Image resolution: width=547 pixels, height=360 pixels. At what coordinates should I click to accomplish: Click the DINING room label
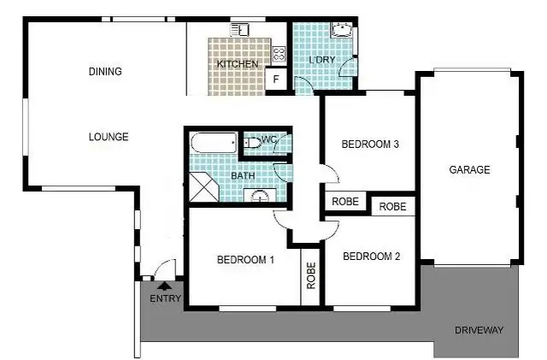click(105, 72)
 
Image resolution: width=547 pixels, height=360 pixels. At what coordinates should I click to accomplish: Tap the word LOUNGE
click(109, 137)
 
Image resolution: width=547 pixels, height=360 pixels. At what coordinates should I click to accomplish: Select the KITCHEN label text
click(236, 65)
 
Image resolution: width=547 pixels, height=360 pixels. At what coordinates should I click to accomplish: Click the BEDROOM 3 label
click(370, 145)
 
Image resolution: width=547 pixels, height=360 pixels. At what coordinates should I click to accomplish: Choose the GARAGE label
click(469, 170)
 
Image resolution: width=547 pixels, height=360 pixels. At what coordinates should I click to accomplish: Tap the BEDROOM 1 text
click(245, 260)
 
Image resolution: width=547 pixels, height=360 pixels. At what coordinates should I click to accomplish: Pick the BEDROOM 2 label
click(372, 256)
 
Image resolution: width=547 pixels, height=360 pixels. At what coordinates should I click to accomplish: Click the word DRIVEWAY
click(479, 330)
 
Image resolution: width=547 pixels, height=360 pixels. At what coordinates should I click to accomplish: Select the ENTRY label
click(166, 298)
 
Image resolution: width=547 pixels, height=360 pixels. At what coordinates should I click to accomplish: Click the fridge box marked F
click(276, 81)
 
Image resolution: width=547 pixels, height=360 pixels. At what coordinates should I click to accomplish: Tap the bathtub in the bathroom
click(215, 144)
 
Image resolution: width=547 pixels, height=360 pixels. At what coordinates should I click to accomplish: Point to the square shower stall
click(203, 186)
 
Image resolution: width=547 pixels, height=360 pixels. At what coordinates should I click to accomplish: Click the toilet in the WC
click(252, 143)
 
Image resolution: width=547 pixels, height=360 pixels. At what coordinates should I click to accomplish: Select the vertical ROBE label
click(311, 276)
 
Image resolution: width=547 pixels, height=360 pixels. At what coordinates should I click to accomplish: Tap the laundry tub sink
click(343, 32)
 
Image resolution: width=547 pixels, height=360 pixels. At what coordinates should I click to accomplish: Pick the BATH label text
click(244, 176)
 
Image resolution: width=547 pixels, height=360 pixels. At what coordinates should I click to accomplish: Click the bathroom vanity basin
click(259, 196)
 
